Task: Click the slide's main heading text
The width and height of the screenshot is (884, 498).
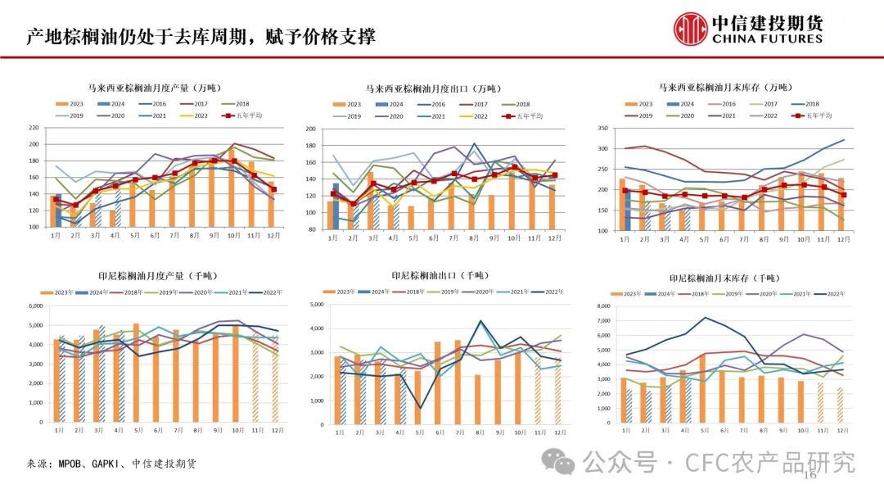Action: pyautogui.click(x=201, y=36)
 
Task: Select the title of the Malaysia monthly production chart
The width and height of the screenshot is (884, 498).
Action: pyautogui.click(x=155, y=88)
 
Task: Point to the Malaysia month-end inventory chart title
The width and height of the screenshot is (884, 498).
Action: pyautogui.click(x=725, y=87)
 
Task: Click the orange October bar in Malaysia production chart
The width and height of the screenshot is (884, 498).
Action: pyautogui.click(x=232, y=188)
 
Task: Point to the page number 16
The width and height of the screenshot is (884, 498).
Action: pyautogui.click(x=811, y=476)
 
